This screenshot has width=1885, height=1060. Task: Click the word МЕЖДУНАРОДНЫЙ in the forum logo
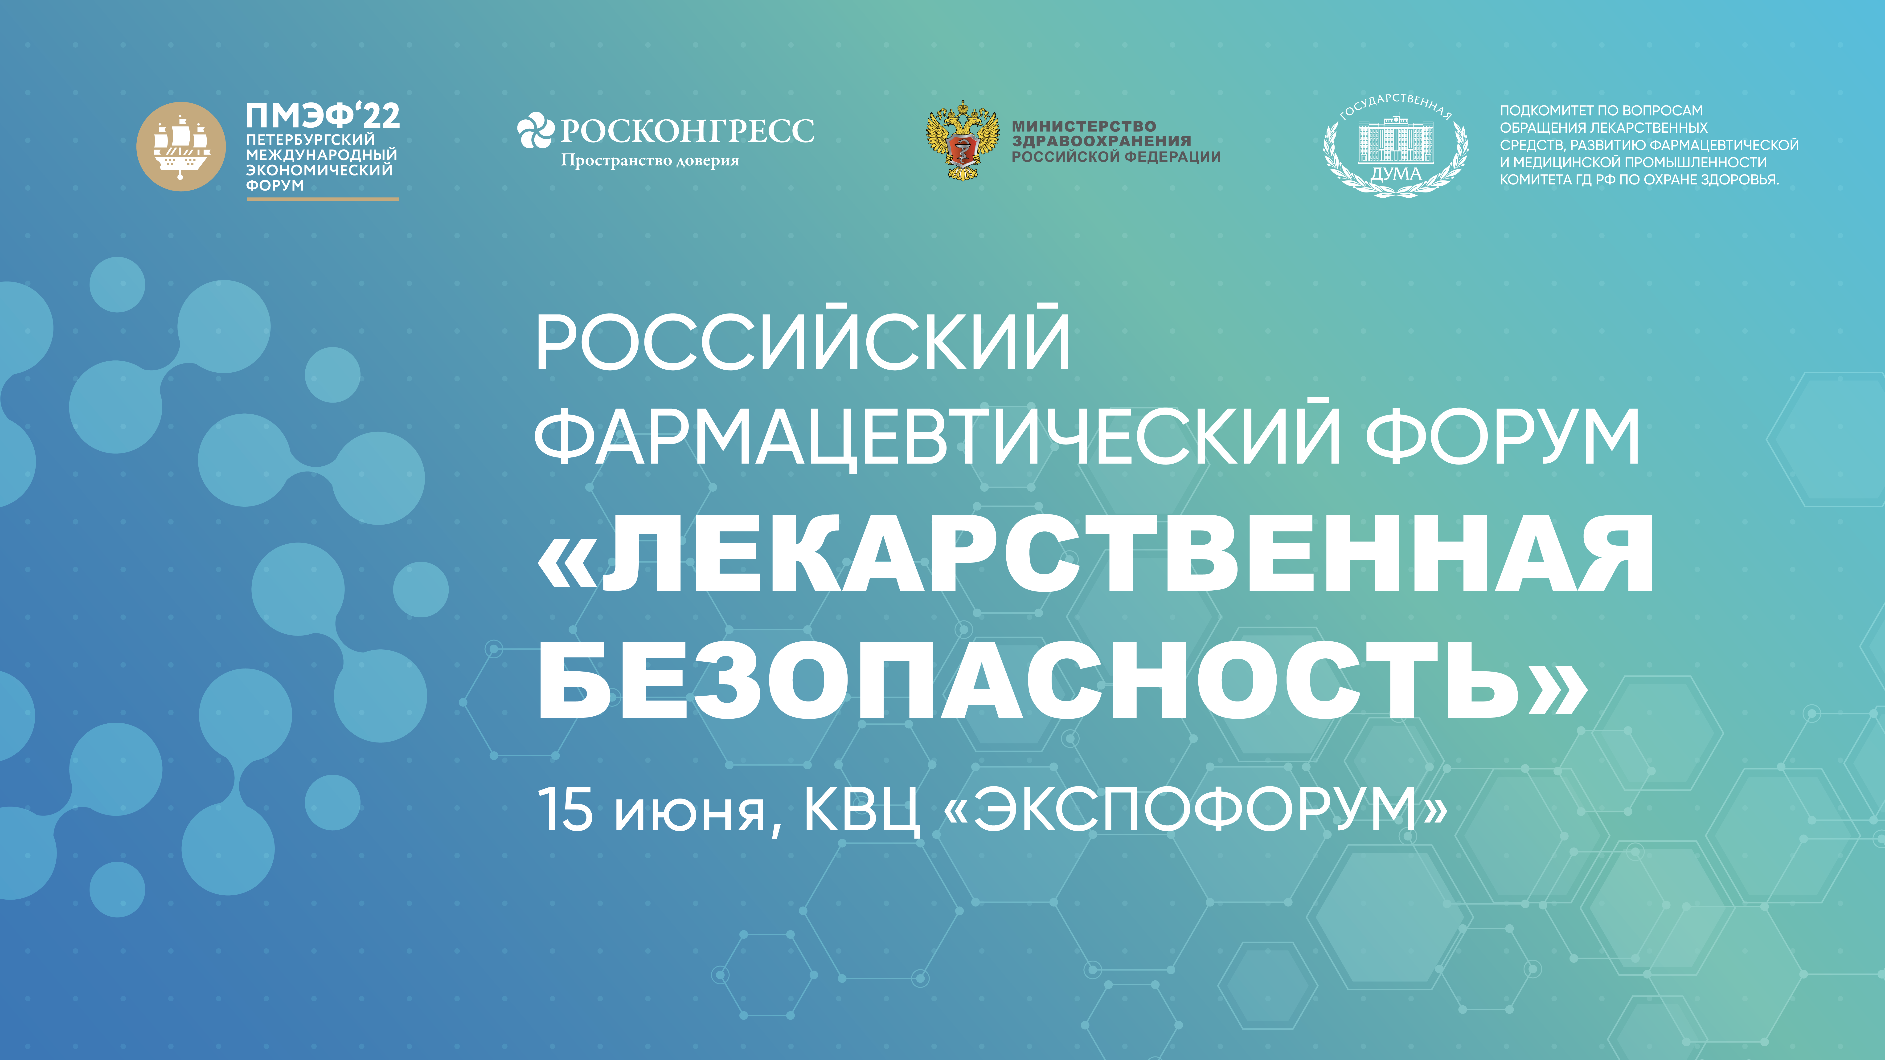(x=321, y=155)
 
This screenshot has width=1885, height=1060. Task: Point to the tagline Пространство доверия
(x=650, y=160)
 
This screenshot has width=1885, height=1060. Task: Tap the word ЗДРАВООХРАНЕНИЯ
(x=1101, y=141)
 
